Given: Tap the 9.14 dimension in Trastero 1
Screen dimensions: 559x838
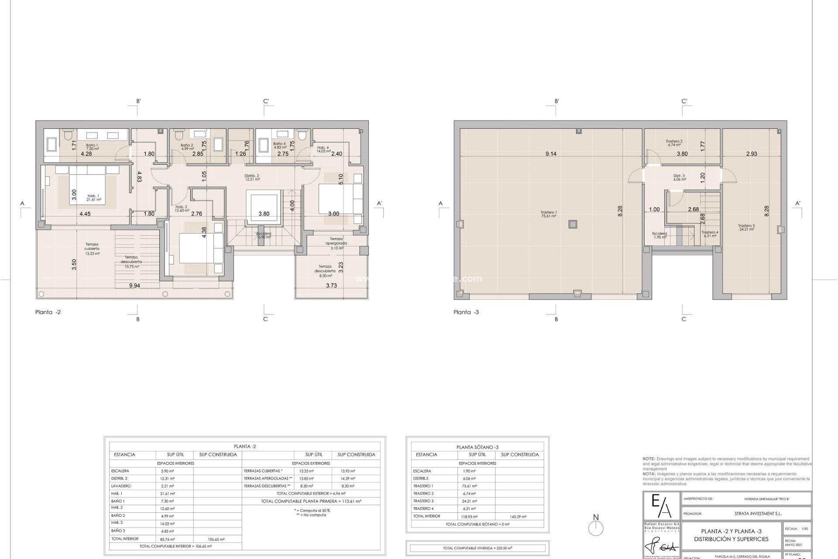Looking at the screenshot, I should coord(551,154).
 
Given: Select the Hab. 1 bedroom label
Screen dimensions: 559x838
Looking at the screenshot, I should coord(94,197).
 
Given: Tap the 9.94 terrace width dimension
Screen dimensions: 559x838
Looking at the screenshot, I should coord(134,286).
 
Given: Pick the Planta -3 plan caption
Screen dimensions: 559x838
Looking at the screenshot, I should coord(466,312).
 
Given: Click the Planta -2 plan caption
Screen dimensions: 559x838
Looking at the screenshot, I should coord(48,312).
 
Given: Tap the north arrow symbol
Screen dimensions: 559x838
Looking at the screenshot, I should coord(596,526).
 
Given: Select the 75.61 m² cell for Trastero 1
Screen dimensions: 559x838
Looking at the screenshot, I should coord(470,486).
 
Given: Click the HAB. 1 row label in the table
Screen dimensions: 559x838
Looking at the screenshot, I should coord(117,493).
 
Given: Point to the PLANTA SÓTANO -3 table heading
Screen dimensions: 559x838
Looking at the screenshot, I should coord(477,447).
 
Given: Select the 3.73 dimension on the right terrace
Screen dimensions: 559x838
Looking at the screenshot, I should coord(332,286).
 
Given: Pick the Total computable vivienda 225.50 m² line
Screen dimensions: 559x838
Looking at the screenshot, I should coord(477,548).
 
